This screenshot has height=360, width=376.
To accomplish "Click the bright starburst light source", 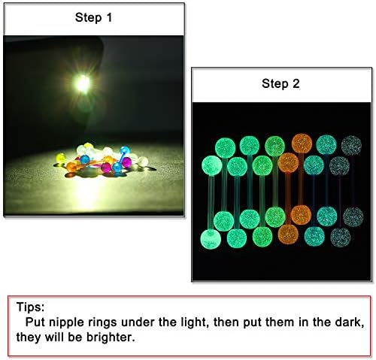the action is tap(83, 83).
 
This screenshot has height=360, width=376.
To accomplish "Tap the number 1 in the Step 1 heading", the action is tap(109, 17).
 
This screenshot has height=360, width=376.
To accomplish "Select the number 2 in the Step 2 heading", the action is tap(296, 83).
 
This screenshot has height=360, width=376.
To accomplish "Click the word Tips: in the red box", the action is tap(30, 307).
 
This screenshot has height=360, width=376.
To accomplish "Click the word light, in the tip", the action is tap(195, 322).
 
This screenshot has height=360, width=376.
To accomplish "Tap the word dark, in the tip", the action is tap(350, 322).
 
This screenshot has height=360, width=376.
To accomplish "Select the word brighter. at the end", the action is tap(111, 337).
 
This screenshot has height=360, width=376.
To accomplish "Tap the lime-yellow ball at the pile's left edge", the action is tap(60, 158).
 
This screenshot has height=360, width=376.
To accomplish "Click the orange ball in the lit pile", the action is tap(71, 167).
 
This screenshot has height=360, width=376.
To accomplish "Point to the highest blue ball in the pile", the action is tap(125, 150).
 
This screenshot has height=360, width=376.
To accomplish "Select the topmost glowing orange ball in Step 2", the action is tap(302, 144).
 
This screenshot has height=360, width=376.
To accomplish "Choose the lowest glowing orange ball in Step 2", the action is tap(288, 234).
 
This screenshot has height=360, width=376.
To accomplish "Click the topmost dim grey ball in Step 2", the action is tap(351, 145).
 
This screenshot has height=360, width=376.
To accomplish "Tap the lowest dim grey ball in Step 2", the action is tap(341, 237).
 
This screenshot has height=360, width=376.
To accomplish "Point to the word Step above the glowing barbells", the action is tap(274, 83).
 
